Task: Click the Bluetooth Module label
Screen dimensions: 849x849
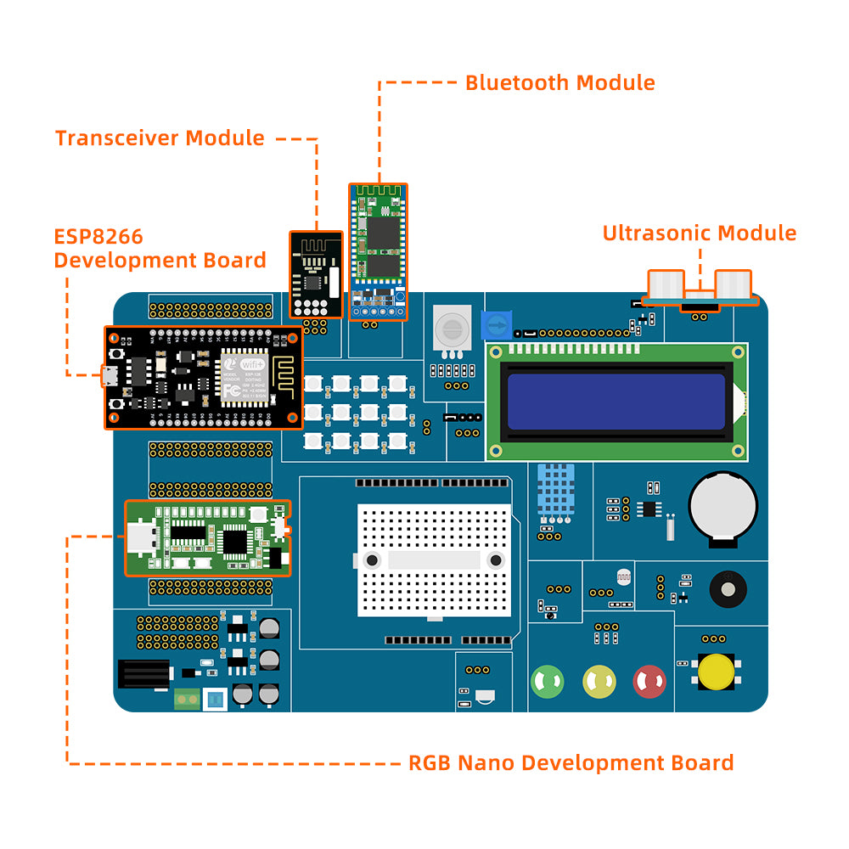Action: [x=559, y=82]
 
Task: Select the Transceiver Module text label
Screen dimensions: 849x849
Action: [x=160, y=138]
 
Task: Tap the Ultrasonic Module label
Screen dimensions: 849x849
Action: [x=700, y=233]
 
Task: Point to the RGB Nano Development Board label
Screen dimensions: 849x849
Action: [x=571, y=762]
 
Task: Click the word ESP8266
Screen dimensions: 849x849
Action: [x=98, y=236]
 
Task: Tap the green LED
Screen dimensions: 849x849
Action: [x=548, y=681]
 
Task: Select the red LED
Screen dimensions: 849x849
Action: [x=649, y=681]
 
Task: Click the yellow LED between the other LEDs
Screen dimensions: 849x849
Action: [x=599, y=681]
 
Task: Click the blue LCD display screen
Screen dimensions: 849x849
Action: [x=616, y=402]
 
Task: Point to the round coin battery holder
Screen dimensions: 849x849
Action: [x=722, y=504]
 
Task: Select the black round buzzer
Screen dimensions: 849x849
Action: [x=727, y=588]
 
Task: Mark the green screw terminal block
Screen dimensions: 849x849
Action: [x=187, y=700]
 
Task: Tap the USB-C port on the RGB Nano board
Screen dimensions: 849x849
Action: [x=142, y=537]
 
